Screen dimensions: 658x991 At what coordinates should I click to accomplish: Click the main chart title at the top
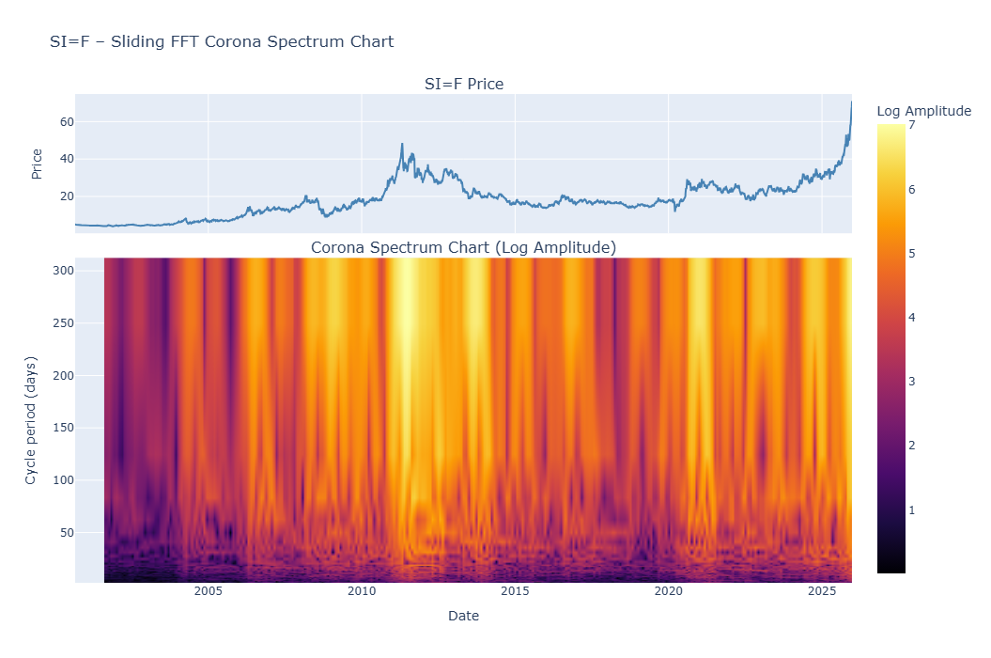pyautogui.click(x=222, y=41)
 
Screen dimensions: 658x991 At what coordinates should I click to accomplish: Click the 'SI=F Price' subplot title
pyautogui.click(x=464, y=85)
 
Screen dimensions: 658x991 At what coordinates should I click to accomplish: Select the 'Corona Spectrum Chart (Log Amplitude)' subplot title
pyautogui.click(x=464, y=247)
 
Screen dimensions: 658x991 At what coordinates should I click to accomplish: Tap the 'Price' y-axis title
pyautogui.click(x=37, y=164)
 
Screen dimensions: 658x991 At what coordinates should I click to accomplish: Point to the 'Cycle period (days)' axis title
pyautogui.click(x=31, y=420)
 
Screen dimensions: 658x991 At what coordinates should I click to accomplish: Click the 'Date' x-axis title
pyautogui.click(x=464, y=616)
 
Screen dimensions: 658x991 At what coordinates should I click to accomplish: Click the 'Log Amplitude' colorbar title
pyautogui.click(x=923, y=111)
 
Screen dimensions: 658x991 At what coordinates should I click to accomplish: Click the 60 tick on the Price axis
pyautogui.click(x=66, y=122)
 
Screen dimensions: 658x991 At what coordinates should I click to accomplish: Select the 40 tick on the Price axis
pyautogui.click(x=66, y=159)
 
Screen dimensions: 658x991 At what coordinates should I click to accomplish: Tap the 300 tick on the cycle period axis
pyautogui.click(x=63, y=271)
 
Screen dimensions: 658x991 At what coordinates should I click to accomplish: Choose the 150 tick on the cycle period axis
pyautogui.click(x=63, y=428)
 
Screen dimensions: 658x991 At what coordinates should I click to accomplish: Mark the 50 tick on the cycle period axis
pyautogui.click(x=66, y=533)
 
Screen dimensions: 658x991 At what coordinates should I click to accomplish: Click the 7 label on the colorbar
pyautogui.click(x=912, y=126)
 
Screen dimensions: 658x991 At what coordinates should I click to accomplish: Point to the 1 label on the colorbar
pyautogui.click(x=912, y=509)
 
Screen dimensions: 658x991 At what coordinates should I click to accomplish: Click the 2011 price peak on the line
pyautogui.click(x=402, y=145)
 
